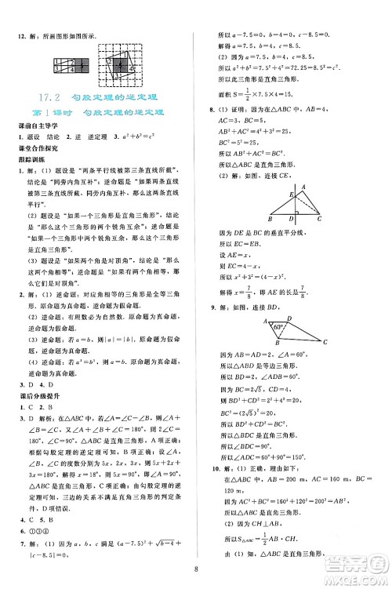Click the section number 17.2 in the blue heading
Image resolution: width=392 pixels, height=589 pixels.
pyautogui.click(x=49, y=97)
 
